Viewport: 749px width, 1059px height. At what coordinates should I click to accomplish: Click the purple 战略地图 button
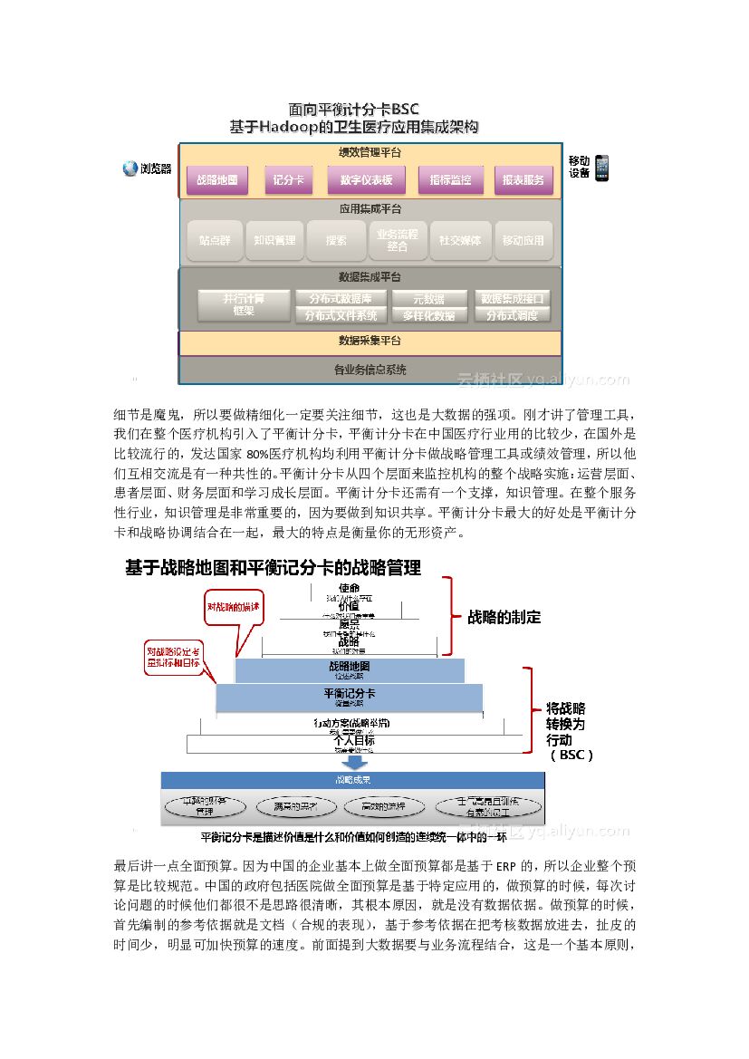(217, 179)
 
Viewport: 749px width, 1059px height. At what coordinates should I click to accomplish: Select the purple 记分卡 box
(287, 179)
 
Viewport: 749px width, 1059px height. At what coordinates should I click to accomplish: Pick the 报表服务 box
(523, 179)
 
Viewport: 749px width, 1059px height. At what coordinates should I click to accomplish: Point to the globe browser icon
(130, 168)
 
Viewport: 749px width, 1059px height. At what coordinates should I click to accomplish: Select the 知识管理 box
(274, 241)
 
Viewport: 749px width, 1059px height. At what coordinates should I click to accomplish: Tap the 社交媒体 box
(460, 241)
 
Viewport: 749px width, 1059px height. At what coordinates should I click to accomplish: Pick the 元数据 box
(429, 298)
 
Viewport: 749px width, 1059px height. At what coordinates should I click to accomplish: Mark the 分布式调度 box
(513, 315)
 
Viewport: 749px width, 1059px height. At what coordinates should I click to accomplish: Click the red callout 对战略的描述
(233, 607)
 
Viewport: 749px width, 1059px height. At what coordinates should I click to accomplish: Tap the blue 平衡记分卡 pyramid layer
(349, 696)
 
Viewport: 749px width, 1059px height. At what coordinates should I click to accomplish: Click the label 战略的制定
(504, 617)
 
